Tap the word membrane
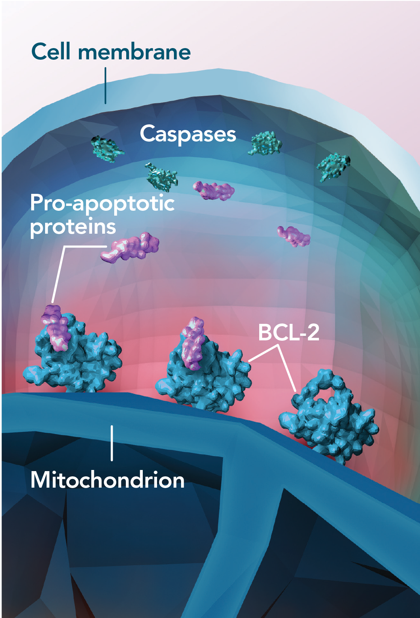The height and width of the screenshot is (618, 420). [x=134, y=52]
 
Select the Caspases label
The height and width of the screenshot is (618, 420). [x=188, y=134]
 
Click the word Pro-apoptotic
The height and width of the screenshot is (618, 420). [x=102, y=204]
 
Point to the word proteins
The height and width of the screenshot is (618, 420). [x=73, y=227]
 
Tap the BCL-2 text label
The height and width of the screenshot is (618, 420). [x=289, y=332]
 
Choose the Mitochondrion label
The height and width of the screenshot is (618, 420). [x=107, y=480]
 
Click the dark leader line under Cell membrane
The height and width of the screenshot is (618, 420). [x=106, y=86]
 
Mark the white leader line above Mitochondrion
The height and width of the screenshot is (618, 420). [x=112, y=443]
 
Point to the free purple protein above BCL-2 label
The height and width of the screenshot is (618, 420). [x=294, y=236]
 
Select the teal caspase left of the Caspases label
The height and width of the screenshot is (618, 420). [x=106, y=149]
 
